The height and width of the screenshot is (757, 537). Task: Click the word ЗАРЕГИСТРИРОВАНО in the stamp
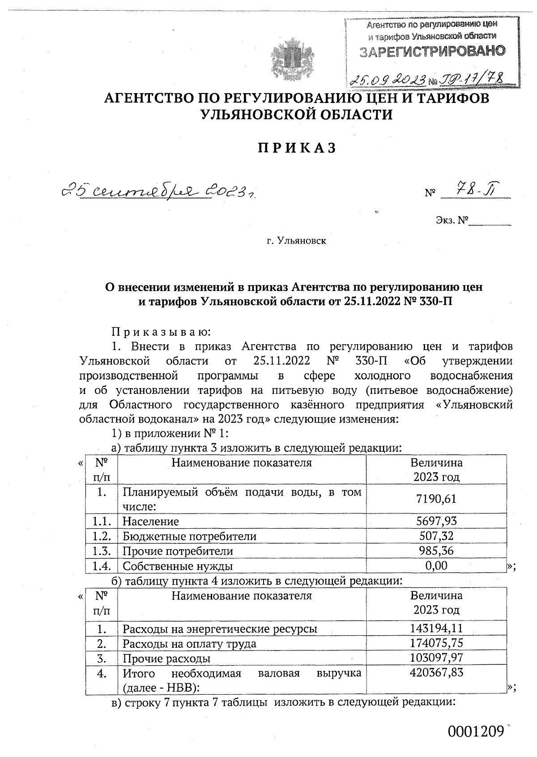tap(433, 51)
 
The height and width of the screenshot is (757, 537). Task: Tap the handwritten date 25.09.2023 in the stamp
tap(388, 80)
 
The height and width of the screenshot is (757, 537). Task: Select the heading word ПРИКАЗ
tap(296, 148)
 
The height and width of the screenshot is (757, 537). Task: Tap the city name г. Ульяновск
tap(296, 241)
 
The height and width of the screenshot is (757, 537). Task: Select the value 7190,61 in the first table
tap(436, 499)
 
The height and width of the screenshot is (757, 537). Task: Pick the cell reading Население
tap(151, 521)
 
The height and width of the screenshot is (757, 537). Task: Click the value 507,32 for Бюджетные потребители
tap(436, 536)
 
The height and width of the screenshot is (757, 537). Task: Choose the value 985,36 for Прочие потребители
tap(436, 551)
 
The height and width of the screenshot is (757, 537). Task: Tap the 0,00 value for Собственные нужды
tap(436, 565)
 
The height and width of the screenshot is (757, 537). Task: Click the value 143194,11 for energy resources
tap(436, 629)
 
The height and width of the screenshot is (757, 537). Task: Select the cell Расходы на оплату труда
tap(189, 644)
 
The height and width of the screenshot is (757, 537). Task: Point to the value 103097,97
tap(436, 658)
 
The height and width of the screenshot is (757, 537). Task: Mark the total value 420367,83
tap(436, 672)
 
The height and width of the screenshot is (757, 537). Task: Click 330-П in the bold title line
tap(434, 301)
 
